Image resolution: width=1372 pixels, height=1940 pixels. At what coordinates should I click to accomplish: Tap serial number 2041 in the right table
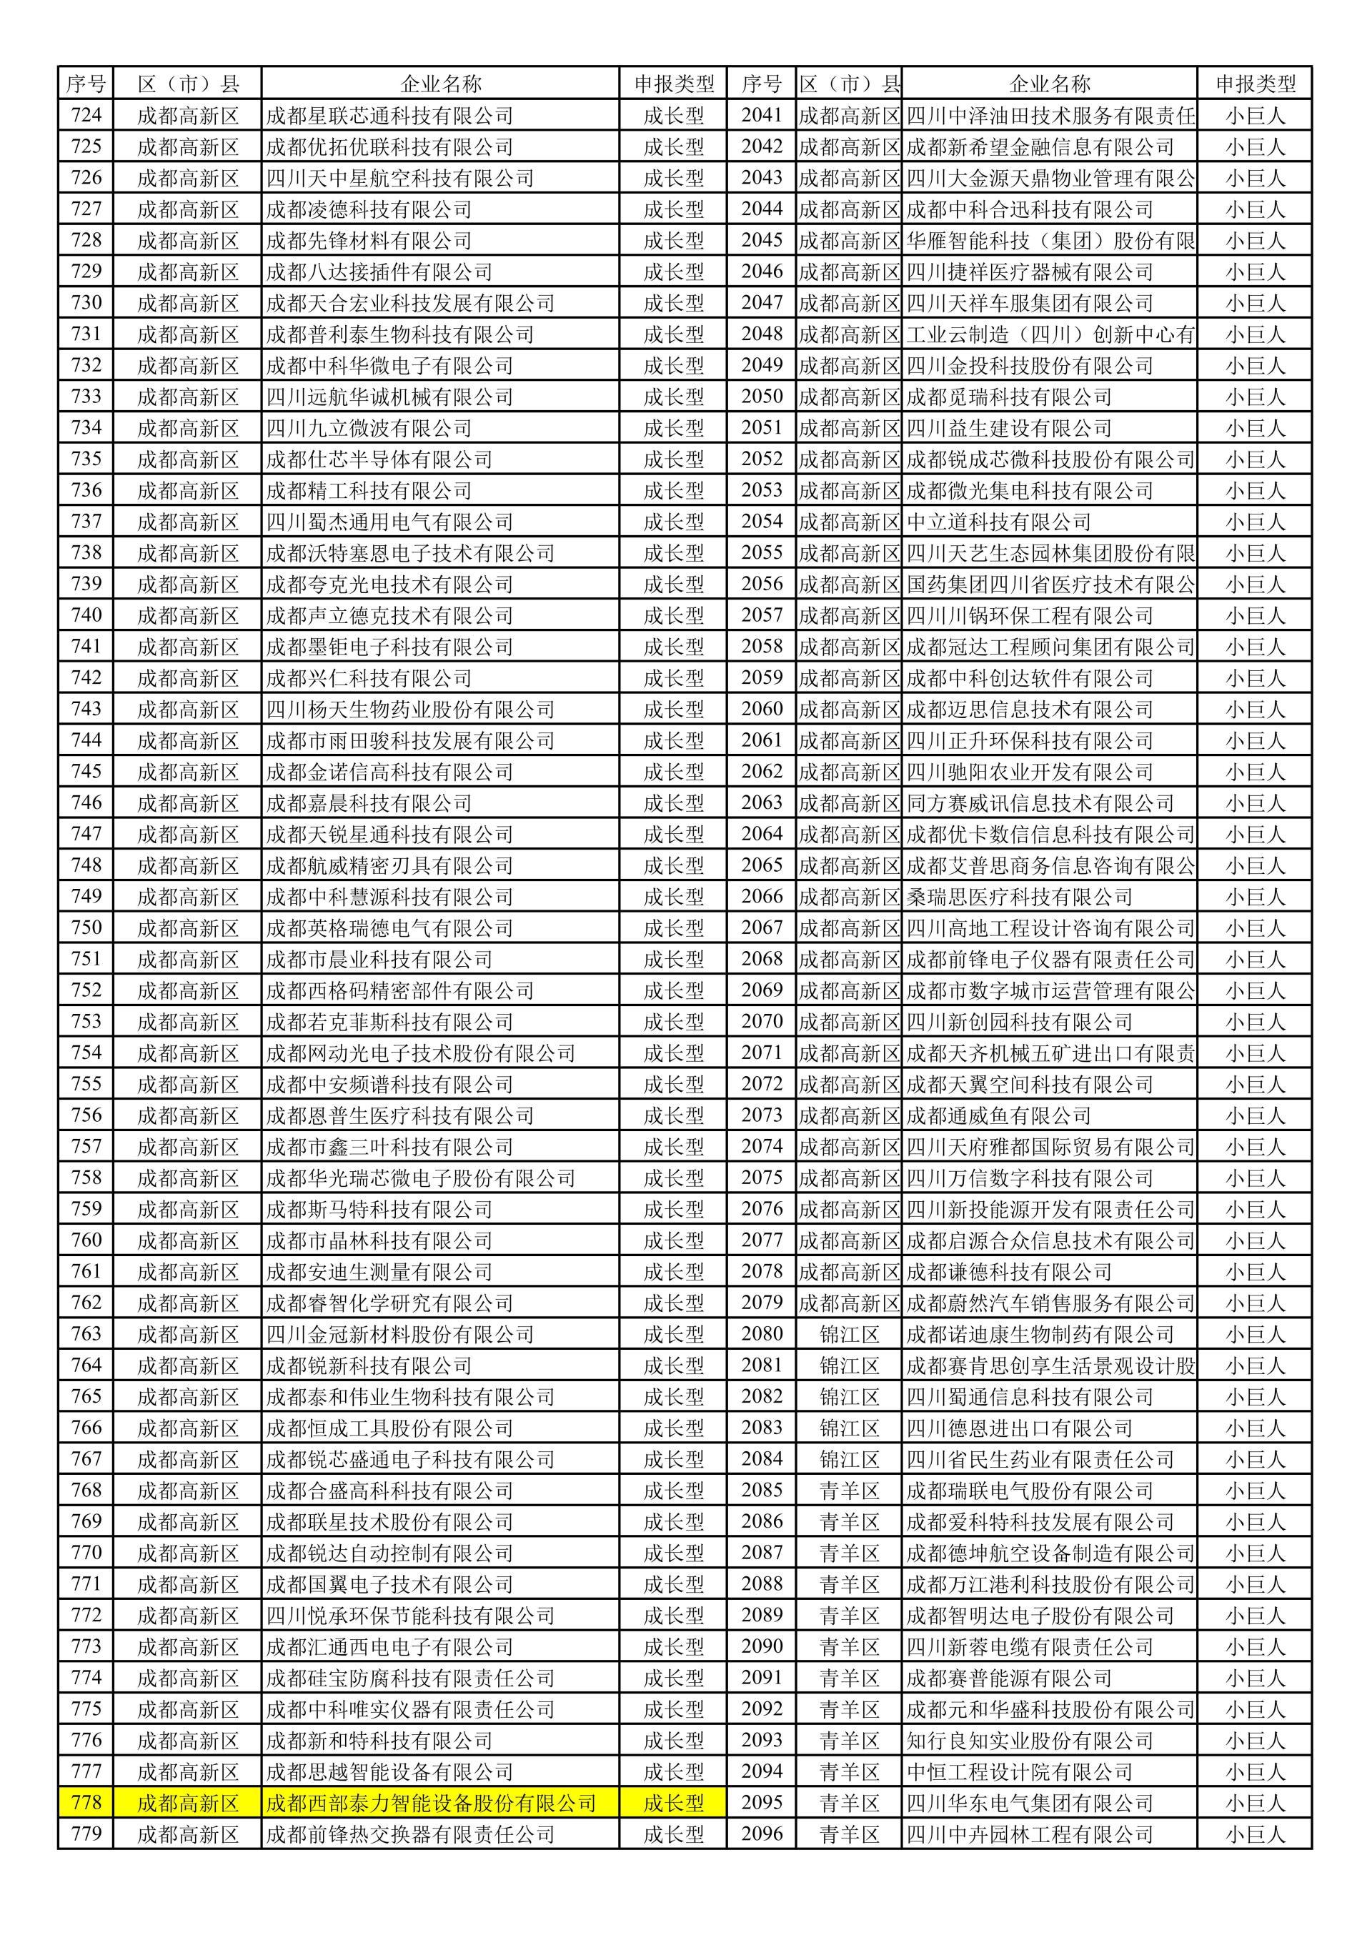tap(761, 115)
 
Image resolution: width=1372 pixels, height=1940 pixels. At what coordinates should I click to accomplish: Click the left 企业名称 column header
tap(440, 84)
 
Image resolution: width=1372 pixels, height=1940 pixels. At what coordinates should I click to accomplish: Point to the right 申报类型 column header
tap(1255, 84)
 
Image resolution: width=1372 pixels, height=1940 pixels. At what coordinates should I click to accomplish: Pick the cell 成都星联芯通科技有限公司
tap(389, 116)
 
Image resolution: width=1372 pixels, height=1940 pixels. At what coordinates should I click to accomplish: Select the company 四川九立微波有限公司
tap(368, 429)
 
